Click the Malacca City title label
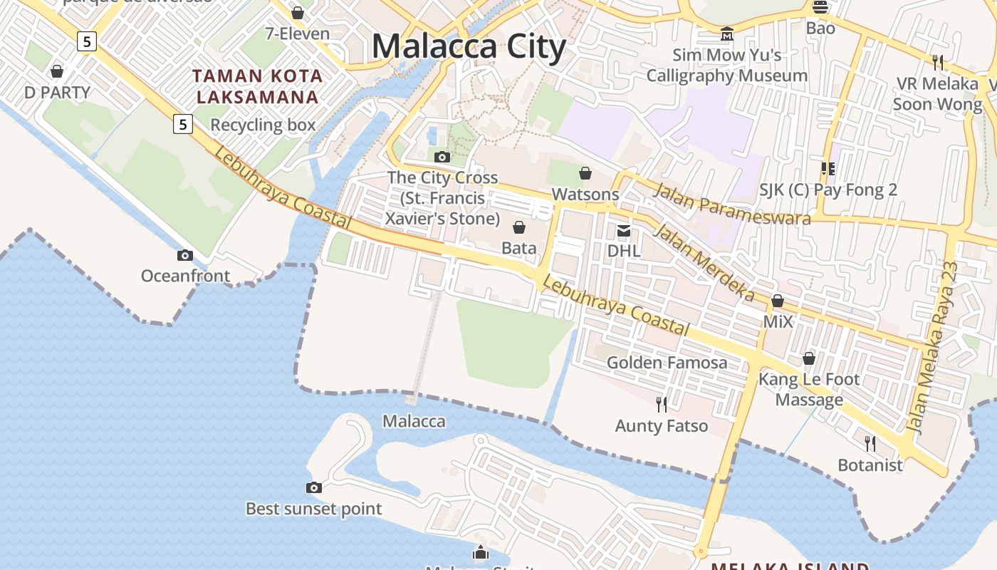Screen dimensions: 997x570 coord(469,47)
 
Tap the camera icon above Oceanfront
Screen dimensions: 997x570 coord(185,255)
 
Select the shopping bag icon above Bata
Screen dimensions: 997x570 coord(519,227)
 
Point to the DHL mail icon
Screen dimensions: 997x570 coord(624,230)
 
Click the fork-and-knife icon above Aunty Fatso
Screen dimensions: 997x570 coord(662,405)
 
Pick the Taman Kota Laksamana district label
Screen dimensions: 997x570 coord(258,86)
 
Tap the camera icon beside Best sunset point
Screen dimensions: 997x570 coord(313,488)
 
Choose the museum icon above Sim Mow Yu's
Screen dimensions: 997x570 coord(726,33)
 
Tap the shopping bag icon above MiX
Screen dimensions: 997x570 coord(778,301)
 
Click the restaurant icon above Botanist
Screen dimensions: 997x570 coord(870,444)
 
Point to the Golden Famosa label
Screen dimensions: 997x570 coord(667,363)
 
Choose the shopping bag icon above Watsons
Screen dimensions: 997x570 coord(585,173)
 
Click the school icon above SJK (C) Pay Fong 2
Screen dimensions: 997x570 coord(828,169)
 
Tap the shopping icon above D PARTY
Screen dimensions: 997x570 coord(57,71)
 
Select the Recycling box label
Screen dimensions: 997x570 coord(263,125)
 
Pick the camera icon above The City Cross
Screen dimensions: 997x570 coord(442,157)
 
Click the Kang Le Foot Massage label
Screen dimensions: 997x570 coord(809,389)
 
